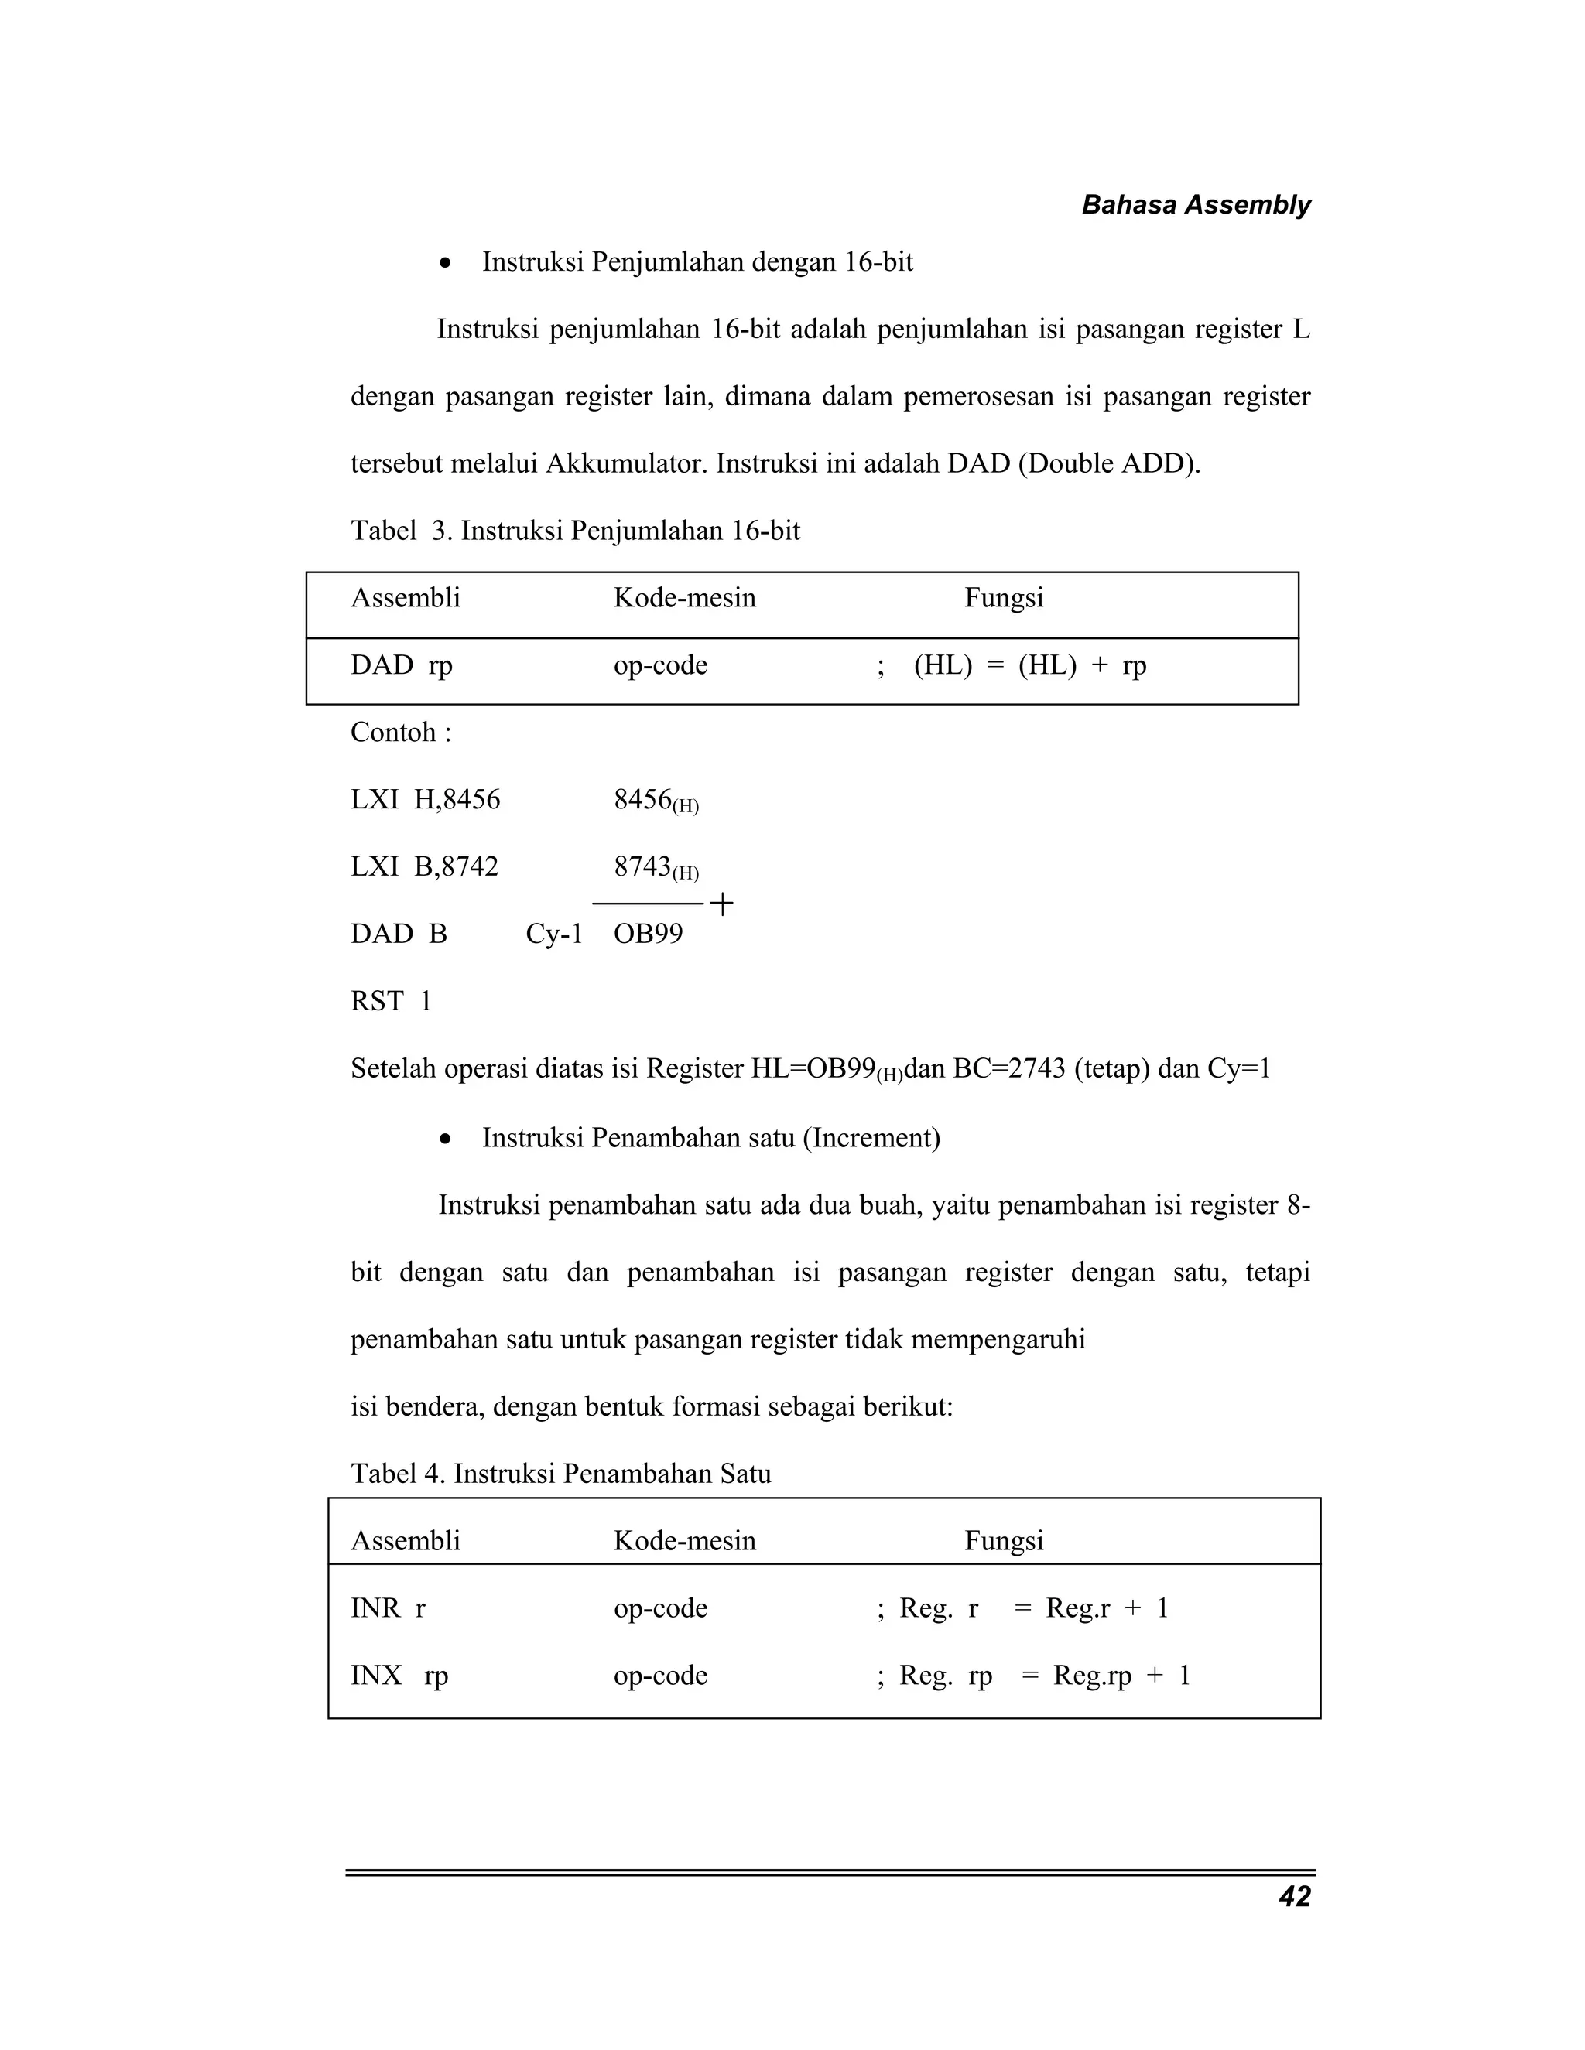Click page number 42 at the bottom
tap(1294, 1897)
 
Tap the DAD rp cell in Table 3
tap(401, 665)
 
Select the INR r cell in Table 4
tap(388, 1608)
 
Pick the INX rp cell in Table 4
tap(399, 1676)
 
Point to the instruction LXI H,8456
tap(426, 800)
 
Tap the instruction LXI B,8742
tap(424, 866)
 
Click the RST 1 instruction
tap(391, 1002)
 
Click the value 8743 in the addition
tap(642, 866)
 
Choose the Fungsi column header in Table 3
tap(1004, 598)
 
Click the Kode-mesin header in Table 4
tap(684, 1540)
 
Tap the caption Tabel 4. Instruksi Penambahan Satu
tap(560, 1474)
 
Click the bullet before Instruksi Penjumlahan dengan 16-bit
tap(446, 263)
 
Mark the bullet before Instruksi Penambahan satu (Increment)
tap(446, 1139)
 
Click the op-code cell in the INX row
tap(660, 1676)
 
